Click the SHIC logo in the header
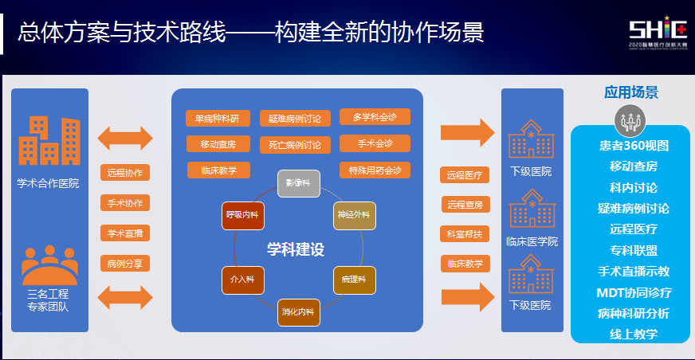pyautogui.click(x=658, y=32)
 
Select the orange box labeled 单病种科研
pyautogui.click(x=218, y=118)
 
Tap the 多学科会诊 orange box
pyautogui.click(x=374, y=117)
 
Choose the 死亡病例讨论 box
pyautogui.click(x=295, y=145)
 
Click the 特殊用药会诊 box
pyautogui.click(x=375, y=170)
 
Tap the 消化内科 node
pyautogui.click(x=298, y=311)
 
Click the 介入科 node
pyautogui.click(x=241, y=280)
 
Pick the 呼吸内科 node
pyautogui.click(x=241, y=215)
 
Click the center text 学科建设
pyautogui.click(x=296, y=249)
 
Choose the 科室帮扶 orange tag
pyautogui.click(x=465, y=234)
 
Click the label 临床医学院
pyautogui.click(x=532, y=241)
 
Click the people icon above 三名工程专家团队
pyautogui.click(x=49, y=264)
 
